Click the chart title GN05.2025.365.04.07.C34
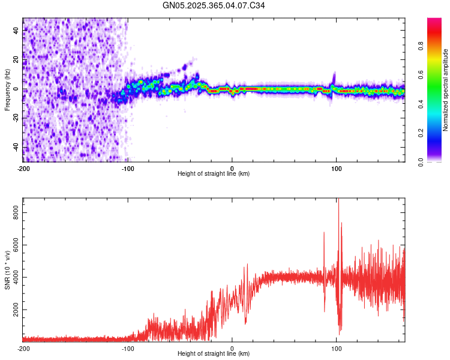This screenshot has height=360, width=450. (214, 5)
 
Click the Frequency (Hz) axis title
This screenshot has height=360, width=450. (7, 90)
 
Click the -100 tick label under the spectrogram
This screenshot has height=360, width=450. (128, 168)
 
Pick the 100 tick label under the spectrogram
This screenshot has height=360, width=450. (337, 168)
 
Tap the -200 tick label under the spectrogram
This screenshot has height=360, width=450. (23, 168)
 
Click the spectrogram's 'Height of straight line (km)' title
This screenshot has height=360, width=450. (214, 174)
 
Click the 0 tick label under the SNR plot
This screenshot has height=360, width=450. (232, 348)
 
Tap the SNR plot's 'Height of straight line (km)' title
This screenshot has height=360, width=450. (214, 354)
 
